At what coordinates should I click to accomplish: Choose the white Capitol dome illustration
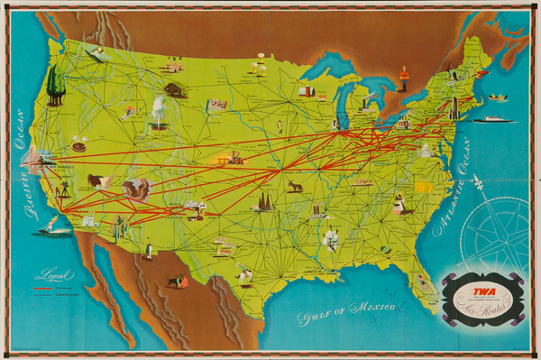(x=425, y=150)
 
